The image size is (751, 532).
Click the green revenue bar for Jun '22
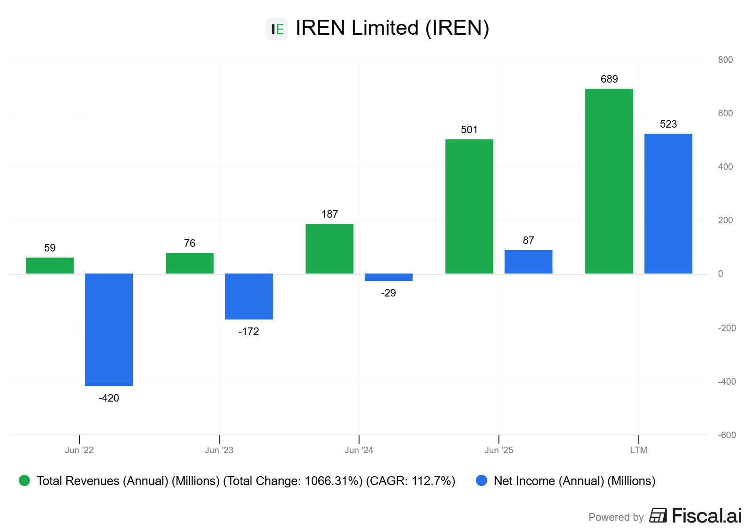50,266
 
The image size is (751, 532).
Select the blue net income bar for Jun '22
109,329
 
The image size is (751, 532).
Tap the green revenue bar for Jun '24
330,249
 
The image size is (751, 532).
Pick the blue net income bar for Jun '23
249,296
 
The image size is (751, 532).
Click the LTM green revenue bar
609,181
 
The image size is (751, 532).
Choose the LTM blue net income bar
668,204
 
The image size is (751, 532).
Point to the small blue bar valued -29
389,277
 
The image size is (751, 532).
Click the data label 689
609,79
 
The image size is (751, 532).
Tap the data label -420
109,398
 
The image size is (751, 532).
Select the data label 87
529,241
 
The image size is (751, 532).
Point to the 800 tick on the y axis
725,60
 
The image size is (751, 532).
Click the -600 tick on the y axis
727,435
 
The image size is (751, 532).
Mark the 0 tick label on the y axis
720,274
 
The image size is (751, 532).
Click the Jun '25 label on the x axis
498,450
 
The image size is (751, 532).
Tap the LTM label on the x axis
638,450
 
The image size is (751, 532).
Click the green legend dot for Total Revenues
24,481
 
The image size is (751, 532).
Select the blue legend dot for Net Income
482,481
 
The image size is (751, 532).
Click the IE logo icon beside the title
277,29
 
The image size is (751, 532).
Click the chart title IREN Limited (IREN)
392,28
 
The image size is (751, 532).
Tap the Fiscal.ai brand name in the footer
706,516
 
